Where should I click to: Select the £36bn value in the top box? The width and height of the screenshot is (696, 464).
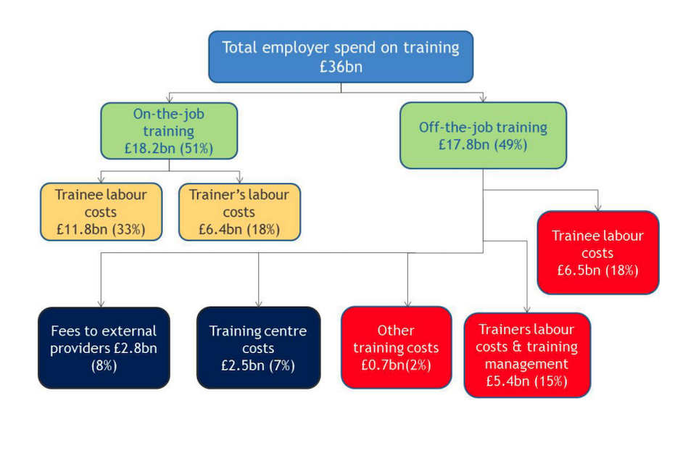[341, 67]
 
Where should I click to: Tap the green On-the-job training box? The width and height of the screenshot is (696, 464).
[169, 116]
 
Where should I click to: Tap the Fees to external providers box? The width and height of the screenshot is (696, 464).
[104, 340]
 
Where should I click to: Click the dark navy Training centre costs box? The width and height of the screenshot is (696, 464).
[258, 340]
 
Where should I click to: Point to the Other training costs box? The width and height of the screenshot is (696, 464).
[396, 340]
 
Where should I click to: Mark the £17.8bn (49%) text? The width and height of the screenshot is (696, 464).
[483, 144]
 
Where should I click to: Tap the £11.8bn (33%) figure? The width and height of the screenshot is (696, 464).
[101, 230]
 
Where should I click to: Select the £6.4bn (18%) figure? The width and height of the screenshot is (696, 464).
[239, 230]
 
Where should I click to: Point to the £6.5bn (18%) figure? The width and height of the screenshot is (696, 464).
[597, 270]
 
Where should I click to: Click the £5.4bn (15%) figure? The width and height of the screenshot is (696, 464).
[527, 381]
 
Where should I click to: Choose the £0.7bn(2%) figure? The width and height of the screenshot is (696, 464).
[396, 365]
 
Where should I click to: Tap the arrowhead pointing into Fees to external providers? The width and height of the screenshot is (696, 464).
[101, 303]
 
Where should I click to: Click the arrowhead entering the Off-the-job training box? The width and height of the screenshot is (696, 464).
[483, 98]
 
